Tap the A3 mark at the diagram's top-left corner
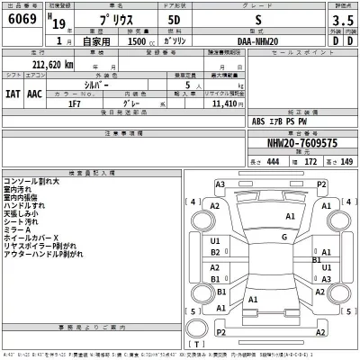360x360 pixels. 220,184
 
